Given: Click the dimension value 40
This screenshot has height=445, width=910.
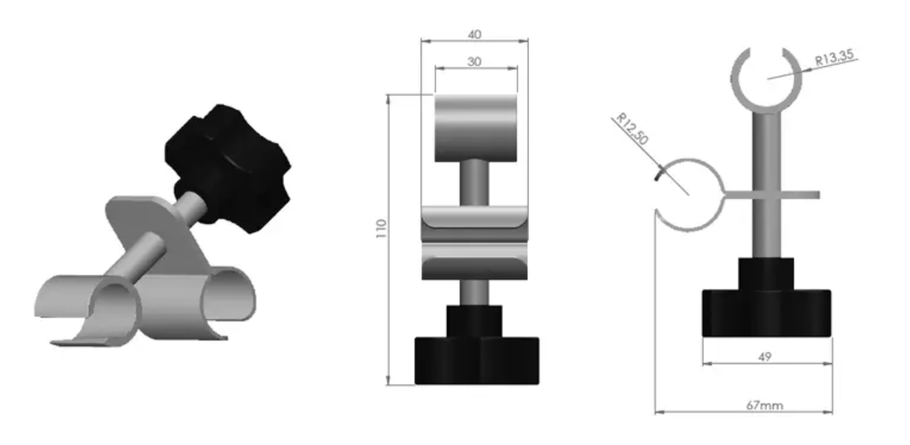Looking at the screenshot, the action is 475,34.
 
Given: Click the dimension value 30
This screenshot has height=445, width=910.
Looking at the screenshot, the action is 475,62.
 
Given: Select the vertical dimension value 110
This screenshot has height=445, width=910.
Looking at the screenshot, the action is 381,229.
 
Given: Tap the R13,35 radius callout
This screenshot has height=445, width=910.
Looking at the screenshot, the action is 834,58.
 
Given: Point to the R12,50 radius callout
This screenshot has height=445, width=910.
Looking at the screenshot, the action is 632,129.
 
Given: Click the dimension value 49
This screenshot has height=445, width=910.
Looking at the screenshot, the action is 765,356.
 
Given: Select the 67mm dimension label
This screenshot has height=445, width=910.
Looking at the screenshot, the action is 764,405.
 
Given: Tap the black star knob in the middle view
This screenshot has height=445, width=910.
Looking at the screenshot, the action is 477,360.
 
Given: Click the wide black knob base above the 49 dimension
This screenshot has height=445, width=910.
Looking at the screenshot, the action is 767,313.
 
